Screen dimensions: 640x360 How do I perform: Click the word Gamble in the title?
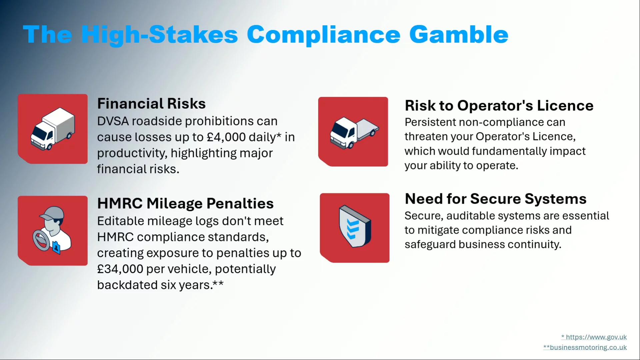(x=459, y=34)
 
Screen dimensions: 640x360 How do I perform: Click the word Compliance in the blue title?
(x=324, y=35)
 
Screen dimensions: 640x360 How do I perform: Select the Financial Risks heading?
(x=151, y=104)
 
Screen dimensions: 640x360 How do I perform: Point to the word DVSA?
(x=113, y=121)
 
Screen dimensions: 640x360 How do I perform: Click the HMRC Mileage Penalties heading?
(x=185, y=203)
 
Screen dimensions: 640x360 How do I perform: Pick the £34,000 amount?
(x=120, y=269)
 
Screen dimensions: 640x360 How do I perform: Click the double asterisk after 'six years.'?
(x=218, y=284)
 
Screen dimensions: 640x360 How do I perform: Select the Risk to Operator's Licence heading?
(x=499, y=106)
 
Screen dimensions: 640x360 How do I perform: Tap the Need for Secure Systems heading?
(x=496, y=199)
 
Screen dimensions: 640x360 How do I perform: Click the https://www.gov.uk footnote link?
(x=594, y=337)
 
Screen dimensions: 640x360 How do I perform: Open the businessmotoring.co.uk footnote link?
(x=585, y=347)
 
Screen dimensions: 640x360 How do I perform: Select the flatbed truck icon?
(x=354, y=132)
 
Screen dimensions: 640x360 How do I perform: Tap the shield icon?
(x=355, y=226)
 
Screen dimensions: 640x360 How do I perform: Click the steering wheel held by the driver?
(x=41, y=240)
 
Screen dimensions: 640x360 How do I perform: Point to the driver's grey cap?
(x=52, y=213)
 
